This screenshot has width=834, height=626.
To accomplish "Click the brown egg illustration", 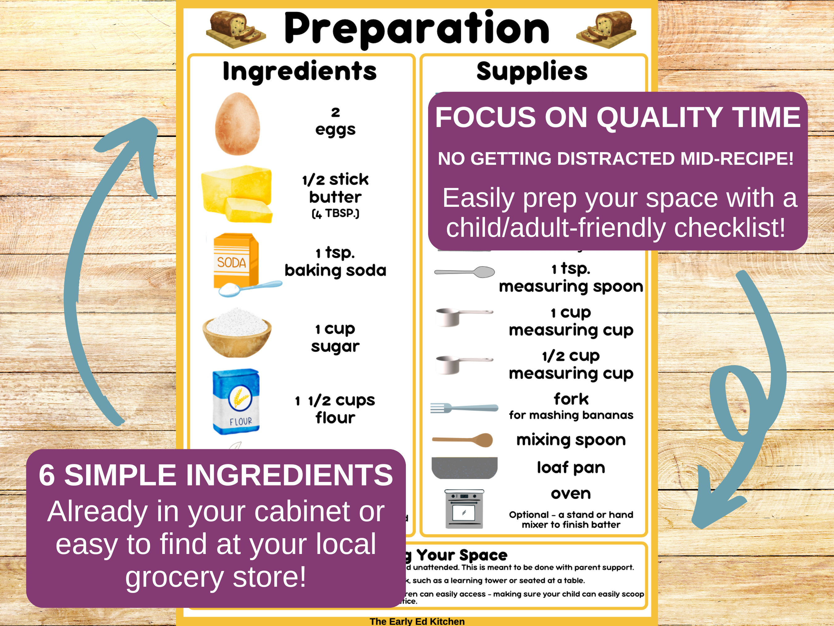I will coord(237,124).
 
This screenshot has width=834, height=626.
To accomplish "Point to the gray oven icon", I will coord(464,509).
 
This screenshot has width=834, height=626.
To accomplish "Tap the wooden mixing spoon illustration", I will coord(463,440).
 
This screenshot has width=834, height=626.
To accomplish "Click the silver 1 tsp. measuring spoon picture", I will coord(465,272).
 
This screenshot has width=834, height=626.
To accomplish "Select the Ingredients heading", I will coord(300,71).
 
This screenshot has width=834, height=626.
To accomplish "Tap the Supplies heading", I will coord(532,71).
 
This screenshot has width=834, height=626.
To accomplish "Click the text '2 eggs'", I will coord(335,121).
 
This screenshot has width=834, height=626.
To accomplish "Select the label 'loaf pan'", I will coord(571,467).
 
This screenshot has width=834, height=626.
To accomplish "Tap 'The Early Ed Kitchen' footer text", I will coord(417,621).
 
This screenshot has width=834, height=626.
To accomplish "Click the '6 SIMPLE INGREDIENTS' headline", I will coord(216,475).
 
